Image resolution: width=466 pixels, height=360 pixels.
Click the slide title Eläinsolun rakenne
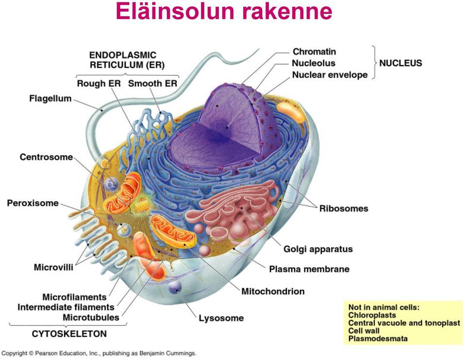[224, 12]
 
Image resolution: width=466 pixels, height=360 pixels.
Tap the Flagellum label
[50, 99]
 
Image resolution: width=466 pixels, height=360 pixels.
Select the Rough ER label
[99, 84]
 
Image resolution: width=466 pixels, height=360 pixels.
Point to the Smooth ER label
[152, 84]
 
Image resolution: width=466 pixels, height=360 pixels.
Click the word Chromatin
[314, 51]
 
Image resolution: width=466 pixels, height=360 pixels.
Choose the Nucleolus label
[313, 63]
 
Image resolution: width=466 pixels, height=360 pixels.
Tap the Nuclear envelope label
[330, 75]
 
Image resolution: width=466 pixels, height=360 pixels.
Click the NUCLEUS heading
[400, 63]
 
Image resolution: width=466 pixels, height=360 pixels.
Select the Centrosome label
[46, 157]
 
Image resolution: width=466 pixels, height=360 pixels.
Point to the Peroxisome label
[33, 203]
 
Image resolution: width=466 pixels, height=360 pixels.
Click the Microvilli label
[53, 267]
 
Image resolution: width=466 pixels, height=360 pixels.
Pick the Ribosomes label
[344, 208]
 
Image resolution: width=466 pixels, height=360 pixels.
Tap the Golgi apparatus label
[318, 249]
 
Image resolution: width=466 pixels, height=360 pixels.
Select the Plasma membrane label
[309, 269]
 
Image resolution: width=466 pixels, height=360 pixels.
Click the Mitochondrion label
[273, 291]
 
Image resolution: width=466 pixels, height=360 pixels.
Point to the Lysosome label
[221, 318]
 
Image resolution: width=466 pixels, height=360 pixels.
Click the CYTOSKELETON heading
[69, 334]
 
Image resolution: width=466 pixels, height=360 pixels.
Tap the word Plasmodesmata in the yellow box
[378, 338]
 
